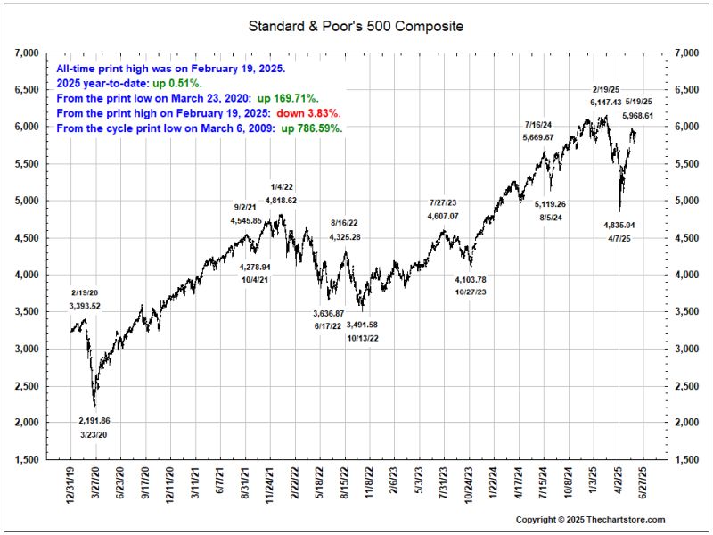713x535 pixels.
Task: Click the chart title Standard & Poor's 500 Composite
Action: pyautogui.click(x=356, y=27)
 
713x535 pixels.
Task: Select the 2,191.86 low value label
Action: pyautogui.click(x=93, y=420)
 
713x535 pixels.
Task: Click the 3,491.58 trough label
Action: pyautogui.click(x=362, y=325)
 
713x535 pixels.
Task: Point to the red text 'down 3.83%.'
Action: pyautogui.click(x=308, y=113)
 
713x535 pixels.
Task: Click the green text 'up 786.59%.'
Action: pyautogui.click(x=312, y=128)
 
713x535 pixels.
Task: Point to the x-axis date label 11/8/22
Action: pyautogui.click(x=364, y=485)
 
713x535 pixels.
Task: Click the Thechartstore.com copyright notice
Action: pyautogui.click(x=590, y=519)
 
